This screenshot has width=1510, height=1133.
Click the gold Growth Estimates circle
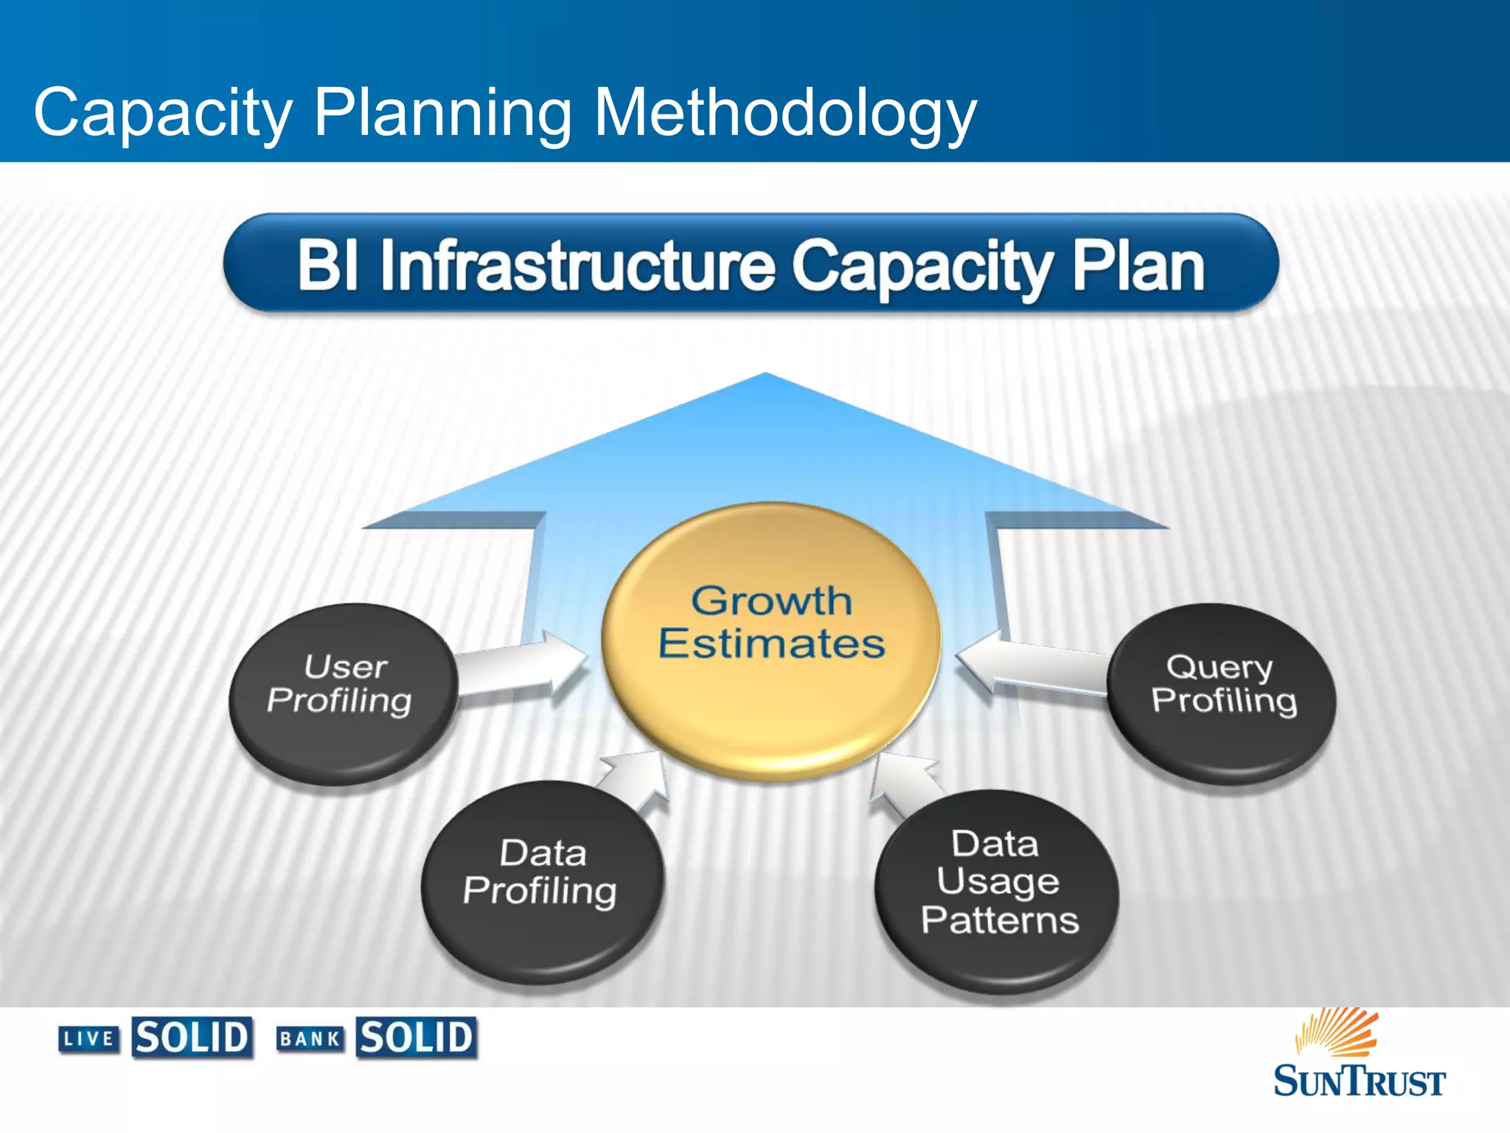[771, 642]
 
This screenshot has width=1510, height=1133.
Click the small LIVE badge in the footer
[89, 1039]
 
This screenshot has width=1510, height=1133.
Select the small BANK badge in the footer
[310, 1039]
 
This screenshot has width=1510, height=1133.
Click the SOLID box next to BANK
[417, 1038]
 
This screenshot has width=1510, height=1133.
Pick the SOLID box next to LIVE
[192, 1038]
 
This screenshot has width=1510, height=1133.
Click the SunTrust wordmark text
[1359, 1081]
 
